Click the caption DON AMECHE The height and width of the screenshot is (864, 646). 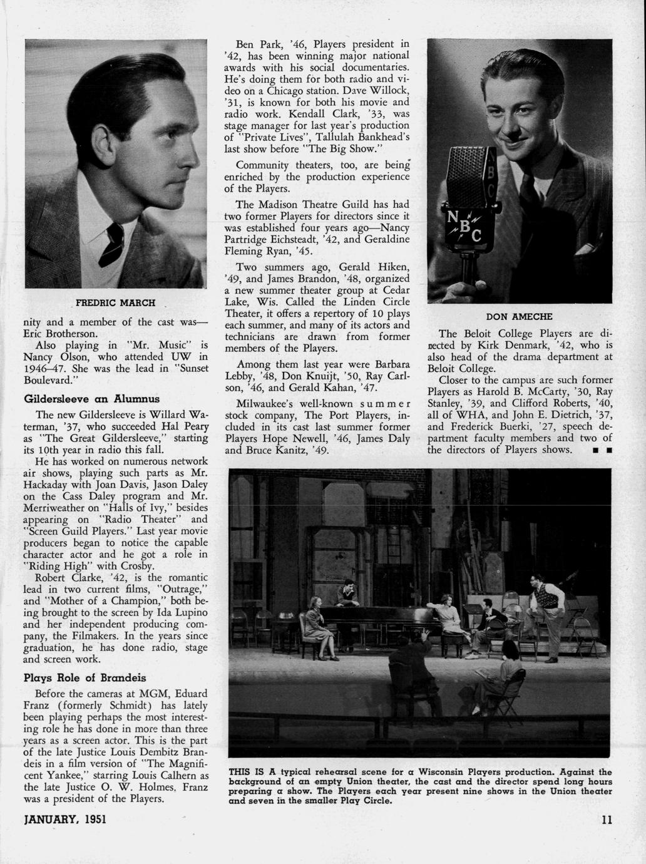[519, 316]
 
